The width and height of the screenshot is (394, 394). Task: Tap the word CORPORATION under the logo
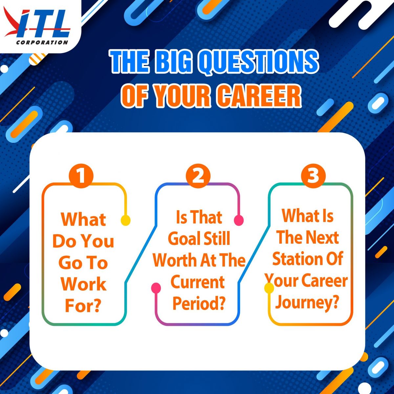coord(42,43)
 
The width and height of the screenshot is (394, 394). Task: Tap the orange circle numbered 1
coord(81,176)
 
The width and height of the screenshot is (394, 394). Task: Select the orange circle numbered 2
coord(198,176)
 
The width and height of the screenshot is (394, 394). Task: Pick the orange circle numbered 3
coord(313,176)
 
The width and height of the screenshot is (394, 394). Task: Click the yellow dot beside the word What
coord(125,220)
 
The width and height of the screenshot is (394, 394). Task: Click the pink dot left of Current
coord(156,288)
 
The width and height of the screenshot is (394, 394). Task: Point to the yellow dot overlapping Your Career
coord(269,288)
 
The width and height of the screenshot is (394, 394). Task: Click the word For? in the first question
coord(83,306)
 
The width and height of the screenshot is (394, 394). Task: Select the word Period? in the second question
coord(199,304)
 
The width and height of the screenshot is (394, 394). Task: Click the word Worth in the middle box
coord(174,260)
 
